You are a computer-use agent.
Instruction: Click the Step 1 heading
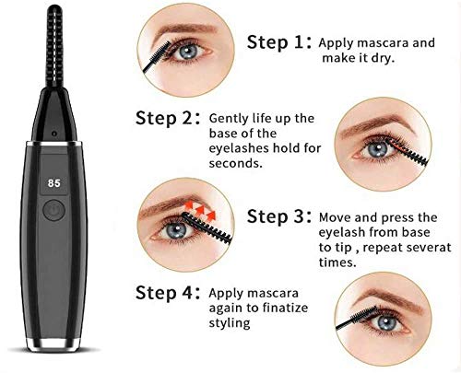click(x=279, y=41)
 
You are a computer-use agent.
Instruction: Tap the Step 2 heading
click(x=168, y=118)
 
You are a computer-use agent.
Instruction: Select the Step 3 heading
click(x=279, y=216)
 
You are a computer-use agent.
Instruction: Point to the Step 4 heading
click(x=168, y=292)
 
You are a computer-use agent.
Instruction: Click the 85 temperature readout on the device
click(x=54, y=183)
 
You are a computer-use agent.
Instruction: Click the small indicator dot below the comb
click(x=54, y=134)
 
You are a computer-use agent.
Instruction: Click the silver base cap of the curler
click(x=53, y=344)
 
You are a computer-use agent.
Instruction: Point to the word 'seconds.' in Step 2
click(x=236, y=163)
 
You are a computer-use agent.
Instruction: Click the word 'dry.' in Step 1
click(x=383, y=58)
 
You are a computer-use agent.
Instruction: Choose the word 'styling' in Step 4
click(x=230, y=323)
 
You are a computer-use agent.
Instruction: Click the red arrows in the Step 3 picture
click(x=200, y=211)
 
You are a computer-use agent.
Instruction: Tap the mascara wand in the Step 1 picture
click(x=157, y=57)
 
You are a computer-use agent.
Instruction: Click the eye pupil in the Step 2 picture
click(x=378, y=150)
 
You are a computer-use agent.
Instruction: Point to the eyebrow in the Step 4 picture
click(x=387, y=297)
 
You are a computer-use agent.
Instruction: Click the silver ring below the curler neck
click(x=54, y=143)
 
